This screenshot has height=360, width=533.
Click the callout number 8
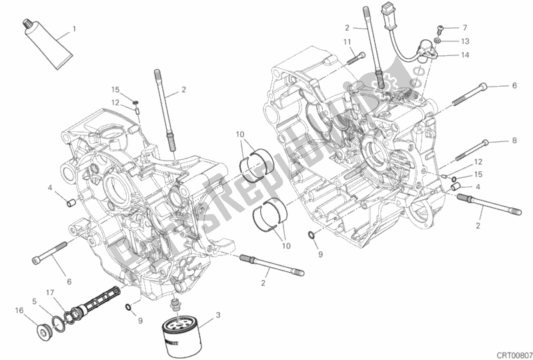point(514,141)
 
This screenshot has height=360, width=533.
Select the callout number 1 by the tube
point(74,29)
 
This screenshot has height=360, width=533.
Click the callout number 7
point(464,28)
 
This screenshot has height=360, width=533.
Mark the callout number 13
point(465,41)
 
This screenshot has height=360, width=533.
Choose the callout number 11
point(348,42)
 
